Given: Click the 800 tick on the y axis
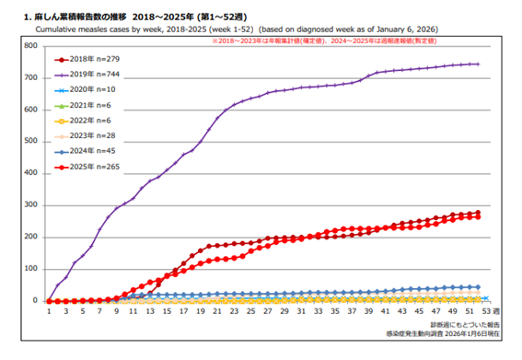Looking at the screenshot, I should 30,46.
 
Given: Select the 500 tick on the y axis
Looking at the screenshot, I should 30,142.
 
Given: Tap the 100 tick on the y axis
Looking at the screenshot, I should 30,269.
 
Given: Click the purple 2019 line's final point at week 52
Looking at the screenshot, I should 477,64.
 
